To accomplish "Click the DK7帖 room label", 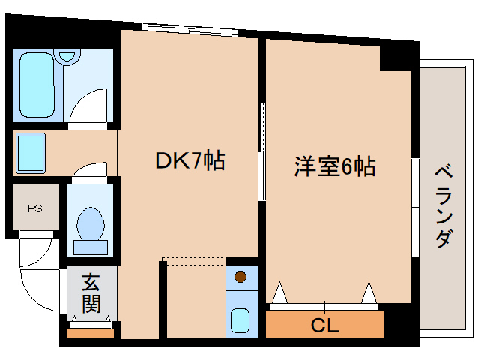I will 190,161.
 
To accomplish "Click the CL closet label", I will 324,325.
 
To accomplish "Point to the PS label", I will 34,209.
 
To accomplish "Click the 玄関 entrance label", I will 91,293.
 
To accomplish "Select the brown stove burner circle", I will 240,277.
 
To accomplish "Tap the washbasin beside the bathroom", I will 30,152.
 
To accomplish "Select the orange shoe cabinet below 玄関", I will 91,333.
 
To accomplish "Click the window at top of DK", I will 191,29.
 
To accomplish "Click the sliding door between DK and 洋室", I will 261,150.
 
